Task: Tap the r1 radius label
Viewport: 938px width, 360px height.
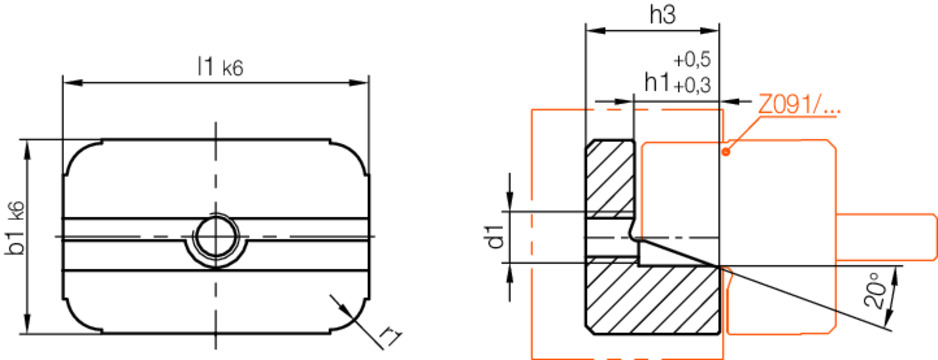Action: [391, 333]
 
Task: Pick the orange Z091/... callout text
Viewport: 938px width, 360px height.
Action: [798, 103]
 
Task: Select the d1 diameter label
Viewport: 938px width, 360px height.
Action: [492, 237]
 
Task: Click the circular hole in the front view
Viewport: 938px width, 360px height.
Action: [215, 237]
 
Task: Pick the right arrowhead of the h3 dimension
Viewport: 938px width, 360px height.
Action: [713, 31]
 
